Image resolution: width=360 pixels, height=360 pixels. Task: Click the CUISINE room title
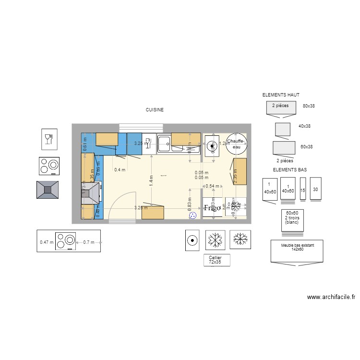click(155, 110)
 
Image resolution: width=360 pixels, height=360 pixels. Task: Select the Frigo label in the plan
click(212, 208)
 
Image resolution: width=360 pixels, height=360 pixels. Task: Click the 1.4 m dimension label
click(151, 180)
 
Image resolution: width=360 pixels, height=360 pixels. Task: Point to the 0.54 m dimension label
click(212, 186)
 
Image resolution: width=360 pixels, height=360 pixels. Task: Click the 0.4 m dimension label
click(120, 169)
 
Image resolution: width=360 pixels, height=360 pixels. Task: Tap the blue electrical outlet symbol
click(193, 216)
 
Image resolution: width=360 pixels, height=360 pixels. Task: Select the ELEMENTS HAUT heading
click(281, 96)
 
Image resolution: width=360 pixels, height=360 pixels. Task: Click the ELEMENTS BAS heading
click(289, 170)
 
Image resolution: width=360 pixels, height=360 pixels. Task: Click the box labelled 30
click(315, 189)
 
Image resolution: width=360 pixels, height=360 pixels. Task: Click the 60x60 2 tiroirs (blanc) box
click(292, 219)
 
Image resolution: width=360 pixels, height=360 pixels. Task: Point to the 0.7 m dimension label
click(89, 242)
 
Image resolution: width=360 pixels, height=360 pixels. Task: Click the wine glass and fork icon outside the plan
click(48, 139)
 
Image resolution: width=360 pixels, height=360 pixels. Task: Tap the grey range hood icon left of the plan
click(48, 190)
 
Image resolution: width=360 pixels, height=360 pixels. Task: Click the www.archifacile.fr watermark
click(331, 298)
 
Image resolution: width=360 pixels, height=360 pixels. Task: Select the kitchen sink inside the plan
click(164, 142)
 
